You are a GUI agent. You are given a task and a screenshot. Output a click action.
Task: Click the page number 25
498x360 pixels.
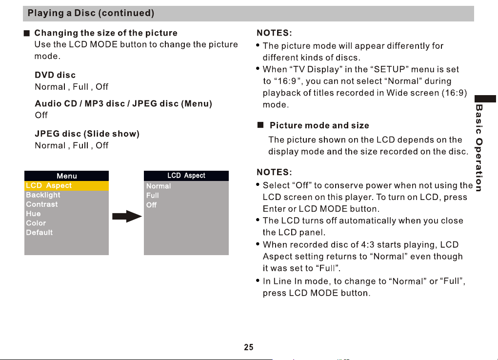pos(249,347)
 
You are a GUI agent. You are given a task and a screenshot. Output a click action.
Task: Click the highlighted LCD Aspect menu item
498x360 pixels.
pos(66,185)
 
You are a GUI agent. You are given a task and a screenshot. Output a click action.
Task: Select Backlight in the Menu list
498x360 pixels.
pos(43,195)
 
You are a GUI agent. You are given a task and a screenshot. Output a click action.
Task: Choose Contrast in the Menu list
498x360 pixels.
pos(42,204)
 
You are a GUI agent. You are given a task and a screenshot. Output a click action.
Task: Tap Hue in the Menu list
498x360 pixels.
pos(33,214)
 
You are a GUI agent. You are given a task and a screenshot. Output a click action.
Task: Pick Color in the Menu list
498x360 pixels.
pos(36,223)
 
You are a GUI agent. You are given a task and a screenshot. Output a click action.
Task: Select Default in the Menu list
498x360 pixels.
pos(40,232)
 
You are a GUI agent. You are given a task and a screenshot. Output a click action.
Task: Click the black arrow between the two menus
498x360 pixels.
pos(127,217)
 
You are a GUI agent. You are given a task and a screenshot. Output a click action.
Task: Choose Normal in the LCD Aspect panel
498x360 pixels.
pos(159,186)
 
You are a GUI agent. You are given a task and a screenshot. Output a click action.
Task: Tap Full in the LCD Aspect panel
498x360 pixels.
pos(153,196)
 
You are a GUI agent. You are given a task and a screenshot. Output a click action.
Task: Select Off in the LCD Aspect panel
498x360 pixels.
pos(151,205)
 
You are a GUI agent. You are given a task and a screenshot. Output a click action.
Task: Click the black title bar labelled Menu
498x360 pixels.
pos(66,176)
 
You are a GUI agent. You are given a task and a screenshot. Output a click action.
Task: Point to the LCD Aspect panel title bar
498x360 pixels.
pos(186,176)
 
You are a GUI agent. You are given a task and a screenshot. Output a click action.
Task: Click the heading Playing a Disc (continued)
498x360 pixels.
pos(91,13)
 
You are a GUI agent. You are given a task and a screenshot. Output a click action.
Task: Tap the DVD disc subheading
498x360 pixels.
pos(55,75)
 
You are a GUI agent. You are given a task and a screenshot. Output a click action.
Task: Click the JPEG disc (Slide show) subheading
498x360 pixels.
pos(87,134)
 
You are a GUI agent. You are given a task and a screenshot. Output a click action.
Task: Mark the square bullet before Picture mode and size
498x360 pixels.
pos(260,125)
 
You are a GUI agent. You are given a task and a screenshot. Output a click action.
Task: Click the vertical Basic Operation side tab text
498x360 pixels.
pos(479,148)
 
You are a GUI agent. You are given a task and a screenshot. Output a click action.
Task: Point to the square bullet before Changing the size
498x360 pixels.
pos(27,33)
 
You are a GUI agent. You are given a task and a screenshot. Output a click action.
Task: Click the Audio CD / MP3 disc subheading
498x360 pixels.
pos(123,103)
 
